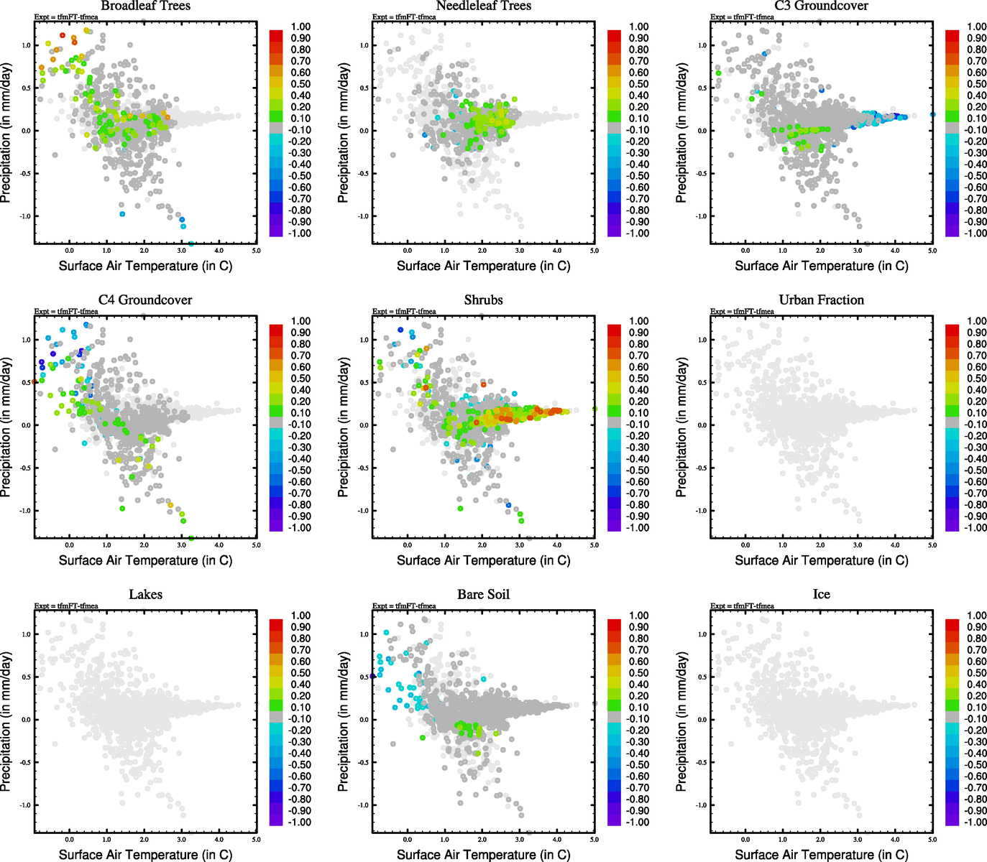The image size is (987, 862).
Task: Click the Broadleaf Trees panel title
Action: point(145,6)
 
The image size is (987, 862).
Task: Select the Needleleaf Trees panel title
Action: point(483,6)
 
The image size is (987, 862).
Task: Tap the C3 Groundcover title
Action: point(821,6)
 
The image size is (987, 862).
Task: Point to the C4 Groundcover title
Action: point(145,300)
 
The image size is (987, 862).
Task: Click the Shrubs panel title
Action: point(483,300)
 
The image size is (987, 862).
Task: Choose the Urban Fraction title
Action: point(821,300)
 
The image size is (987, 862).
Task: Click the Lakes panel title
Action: point(145,595)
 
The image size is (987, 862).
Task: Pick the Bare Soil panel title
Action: point(483,595)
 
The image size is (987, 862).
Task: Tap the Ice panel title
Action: point(821,595)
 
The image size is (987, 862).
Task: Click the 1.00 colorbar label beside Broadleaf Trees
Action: point(300,27)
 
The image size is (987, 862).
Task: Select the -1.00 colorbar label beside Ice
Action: point(975,822)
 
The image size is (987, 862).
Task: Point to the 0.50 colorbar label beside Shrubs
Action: point(639,379)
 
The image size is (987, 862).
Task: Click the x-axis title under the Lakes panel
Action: point(145,855)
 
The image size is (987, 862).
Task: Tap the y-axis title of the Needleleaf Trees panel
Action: point(344,132)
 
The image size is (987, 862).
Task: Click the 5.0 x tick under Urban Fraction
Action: point(932,545)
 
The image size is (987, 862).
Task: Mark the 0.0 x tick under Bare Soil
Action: point(408,840)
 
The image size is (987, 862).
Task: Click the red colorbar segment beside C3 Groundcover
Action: point(952,35)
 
